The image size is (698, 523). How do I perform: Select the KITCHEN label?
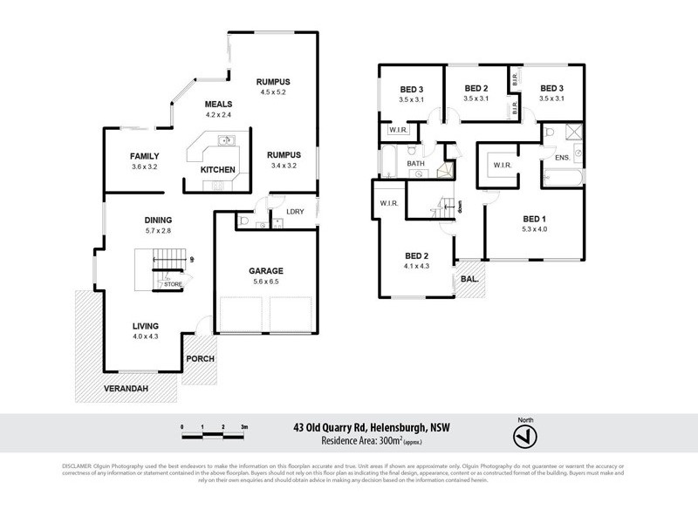click(x=217, y=168)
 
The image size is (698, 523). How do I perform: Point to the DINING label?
click(x=158, y=220)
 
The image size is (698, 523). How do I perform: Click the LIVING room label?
click(x=146, y=325)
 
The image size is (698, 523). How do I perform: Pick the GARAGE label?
click(x=267, y=271)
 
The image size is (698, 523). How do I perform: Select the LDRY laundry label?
click(x=283, y=211)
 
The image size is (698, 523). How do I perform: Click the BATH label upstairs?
click(x=414, y=163)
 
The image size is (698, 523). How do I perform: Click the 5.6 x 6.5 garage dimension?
click(x=267, y=282)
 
